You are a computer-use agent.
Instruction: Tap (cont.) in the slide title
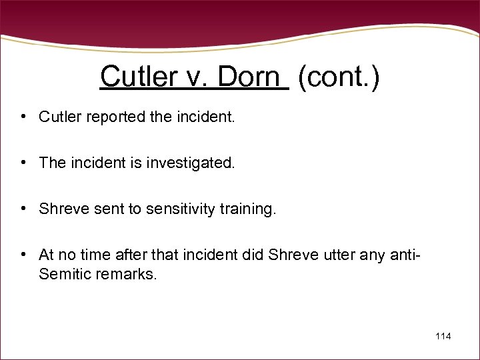(339, 77)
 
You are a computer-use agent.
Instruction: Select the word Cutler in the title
(134, 77)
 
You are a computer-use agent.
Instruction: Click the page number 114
(443, 336)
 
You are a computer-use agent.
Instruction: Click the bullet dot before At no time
(23, 255)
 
